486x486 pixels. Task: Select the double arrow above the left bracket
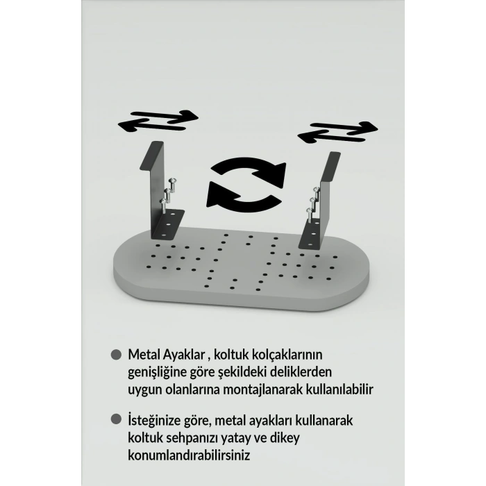coord(159,121)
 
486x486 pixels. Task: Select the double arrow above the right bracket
coord(337,131)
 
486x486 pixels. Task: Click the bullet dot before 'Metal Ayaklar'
coord(116,354)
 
